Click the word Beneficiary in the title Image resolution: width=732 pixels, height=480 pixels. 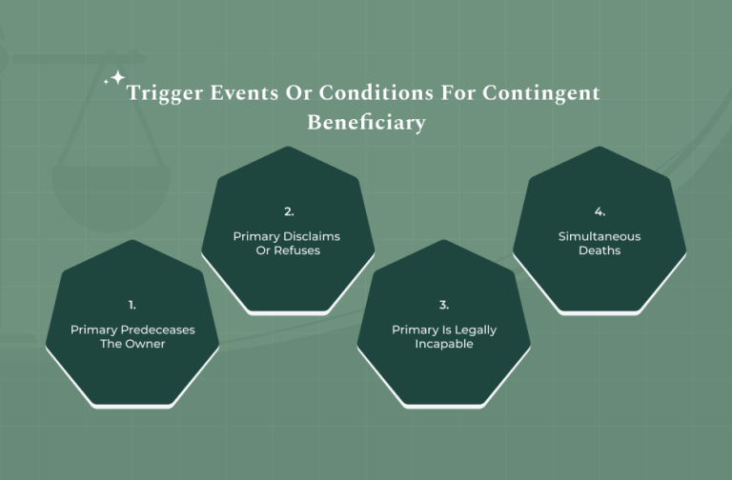(x=366, y=123)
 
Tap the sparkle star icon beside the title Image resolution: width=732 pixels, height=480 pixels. (x=116, y=79)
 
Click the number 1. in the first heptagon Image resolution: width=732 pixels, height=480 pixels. (x=132, y=305)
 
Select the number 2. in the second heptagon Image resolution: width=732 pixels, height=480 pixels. (x=287, y=211)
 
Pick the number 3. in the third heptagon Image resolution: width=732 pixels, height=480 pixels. (x=444, y=305)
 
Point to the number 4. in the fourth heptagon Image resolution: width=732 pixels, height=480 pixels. (x=600, y=211)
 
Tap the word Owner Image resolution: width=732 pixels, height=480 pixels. (x=146, y=344)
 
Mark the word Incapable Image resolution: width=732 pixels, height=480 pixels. (x=444, y=344)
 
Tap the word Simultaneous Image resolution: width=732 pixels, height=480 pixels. (x=600, y=236)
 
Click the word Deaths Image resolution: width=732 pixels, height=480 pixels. (x=600, y=250)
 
